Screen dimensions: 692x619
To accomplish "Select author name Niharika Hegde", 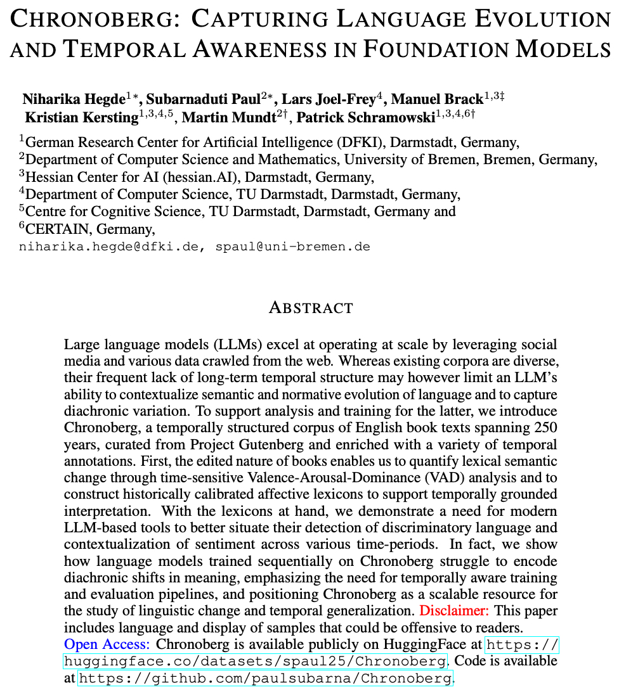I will [x=73, y=99].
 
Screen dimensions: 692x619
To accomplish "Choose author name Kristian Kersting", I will [x=81, y=117].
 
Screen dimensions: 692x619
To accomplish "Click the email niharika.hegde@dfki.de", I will [x=112, y=246].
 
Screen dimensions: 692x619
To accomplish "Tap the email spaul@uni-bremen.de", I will [x=293, y=246].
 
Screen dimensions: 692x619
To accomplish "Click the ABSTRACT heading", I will [x=311, y=308].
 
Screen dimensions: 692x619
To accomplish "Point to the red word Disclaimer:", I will [x=454, y=612].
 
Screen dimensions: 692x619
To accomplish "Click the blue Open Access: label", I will [x=107, y=644].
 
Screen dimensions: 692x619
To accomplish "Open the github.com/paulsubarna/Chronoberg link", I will [x=265, y=679].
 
